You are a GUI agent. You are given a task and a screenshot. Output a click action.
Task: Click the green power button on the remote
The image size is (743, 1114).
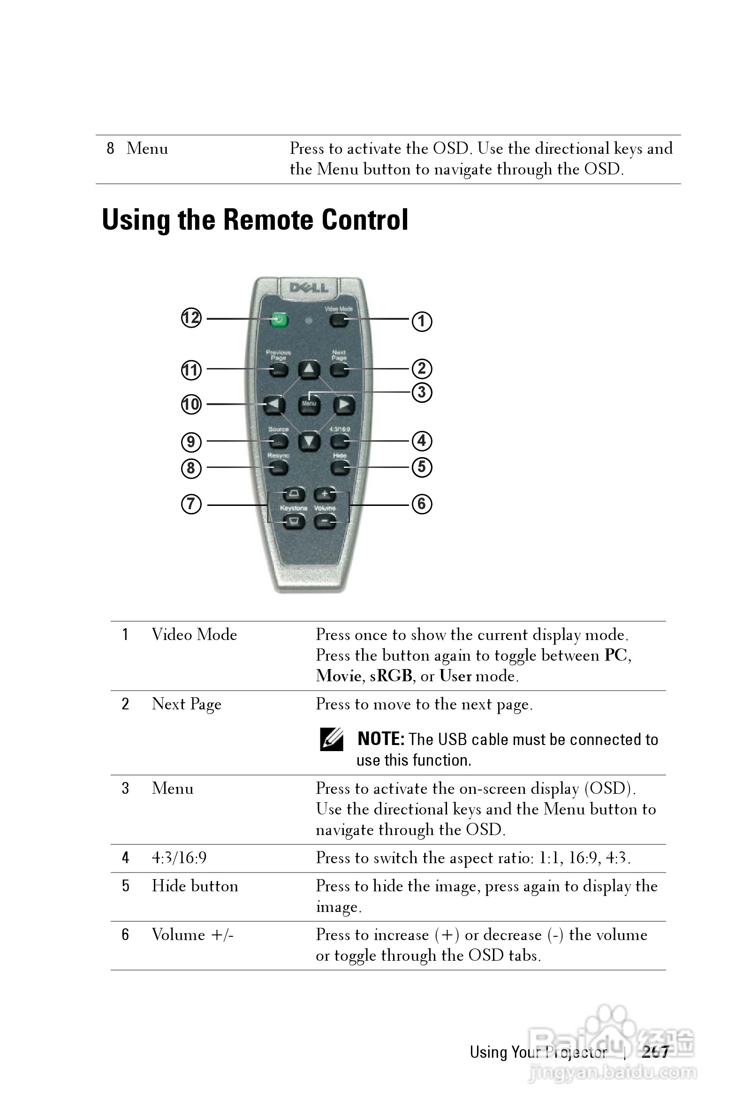click(x=279, y=320)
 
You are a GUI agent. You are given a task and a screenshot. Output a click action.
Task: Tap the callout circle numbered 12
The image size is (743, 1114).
click(x=191, y=318)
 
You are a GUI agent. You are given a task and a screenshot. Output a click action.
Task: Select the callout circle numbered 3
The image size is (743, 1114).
click(x=422, y=392)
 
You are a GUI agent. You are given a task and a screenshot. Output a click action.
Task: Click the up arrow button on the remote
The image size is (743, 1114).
click(x=309, y=369)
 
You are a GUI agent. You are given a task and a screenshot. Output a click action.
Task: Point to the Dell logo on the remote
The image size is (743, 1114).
click(x=309, y=287)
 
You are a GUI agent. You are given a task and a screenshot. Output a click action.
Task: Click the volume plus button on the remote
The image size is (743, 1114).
click(x=325, y=494)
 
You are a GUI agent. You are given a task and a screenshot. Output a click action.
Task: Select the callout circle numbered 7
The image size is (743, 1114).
click(x=191, y=504)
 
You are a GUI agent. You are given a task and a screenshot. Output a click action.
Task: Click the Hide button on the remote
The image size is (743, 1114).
click(x=339, y=468)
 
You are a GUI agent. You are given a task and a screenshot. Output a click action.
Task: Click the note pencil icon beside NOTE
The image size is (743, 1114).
click(x=331, y=739)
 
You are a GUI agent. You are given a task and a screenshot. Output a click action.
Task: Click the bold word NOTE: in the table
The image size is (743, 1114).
click(x=380, y=739)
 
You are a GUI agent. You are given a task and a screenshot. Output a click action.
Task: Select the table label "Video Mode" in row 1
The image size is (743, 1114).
click(x=194, y=635)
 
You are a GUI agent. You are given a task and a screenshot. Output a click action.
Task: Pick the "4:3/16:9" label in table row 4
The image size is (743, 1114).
click(x=179, y=858)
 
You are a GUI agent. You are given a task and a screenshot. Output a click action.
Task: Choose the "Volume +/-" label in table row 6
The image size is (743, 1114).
click(x=192, y=934)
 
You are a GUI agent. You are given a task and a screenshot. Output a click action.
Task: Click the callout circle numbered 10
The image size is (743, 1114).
click(x=191, y=405)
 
